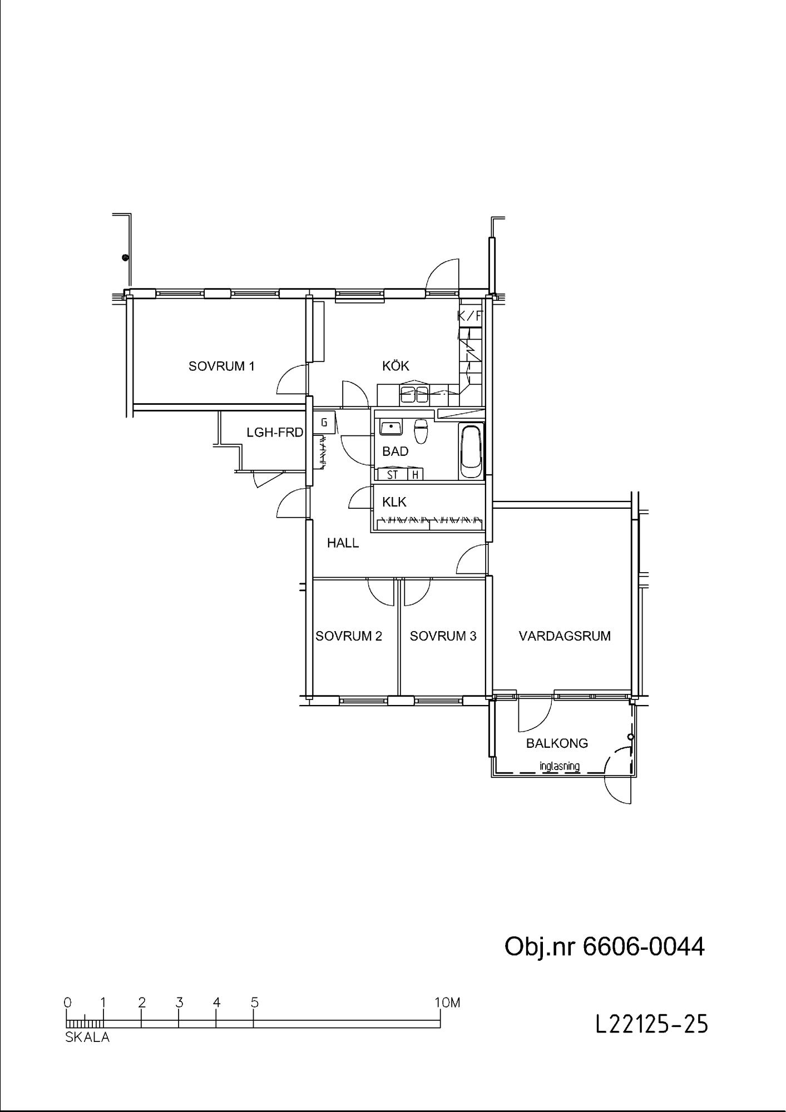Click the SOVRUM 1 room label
tap(221, 366)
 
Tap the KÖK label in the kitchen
tap(396, 365)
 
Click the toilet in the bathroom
tap(422, 431)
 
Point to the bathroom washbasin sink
tap(391, 428)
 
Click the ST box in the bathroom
tap(392, 475)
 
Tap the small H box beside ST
tap(415, 475)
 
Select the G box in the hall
tap(324, 423)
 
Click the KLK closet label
tap(394, 502)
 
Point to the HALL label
tap(343, 543)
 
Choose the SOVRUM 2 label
tap(349, 636)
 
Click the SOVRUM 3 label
tap(443, 636)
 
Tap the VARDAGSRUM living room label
tap(565, 636)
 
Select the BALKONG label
tap(557, 743)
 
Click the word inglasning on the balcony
tap(560, 766)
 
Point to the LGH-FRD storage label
tap(275, 432)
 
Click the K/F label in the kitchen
tap(468, 316)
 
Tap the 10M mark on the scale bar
tap(448, 1002)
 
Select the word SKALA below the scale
tap(87, 1037)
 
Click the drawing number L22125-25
tap(652, 1024)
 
